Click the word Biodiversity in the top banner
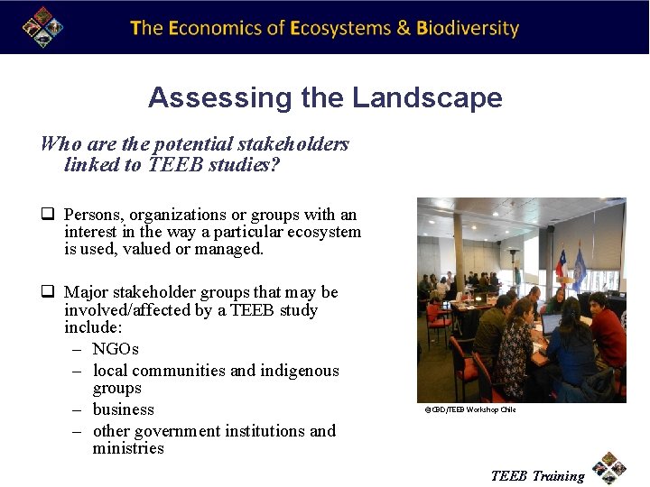tap(468, 28)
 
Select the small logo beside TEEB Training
tap(609, 468)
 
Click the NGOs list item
tap(116, 349)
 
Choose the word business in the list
tap(123, 409)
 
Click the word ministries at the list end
tap(128, 448)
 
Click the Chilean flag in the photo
tap(562, 263)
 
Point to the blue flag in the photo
tap(579, 268)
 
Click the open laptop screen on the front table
tap(550, 323)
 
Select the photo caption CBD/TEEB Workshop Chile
tap(470, 410)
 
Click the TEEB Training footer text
tap(537, 476)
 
